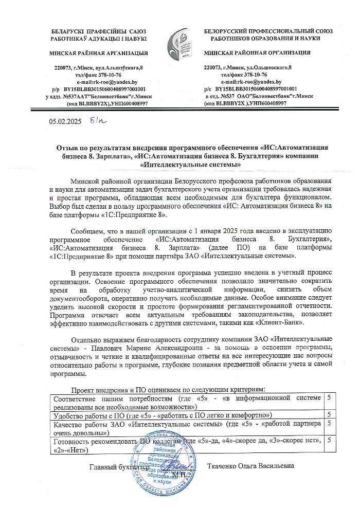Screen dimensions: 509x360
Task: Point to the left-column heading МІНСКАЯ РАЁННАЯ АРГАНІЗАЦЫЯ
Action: click(x=98, y=53)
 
